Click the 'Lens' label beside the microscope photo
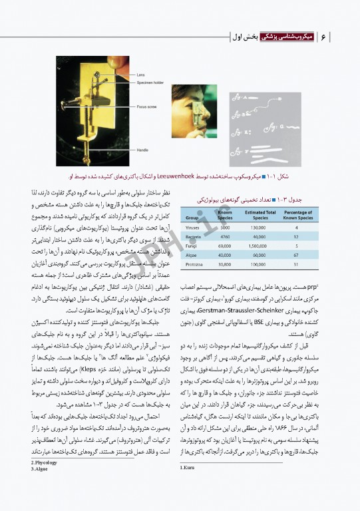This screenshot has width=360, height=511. click(x=141, y=75)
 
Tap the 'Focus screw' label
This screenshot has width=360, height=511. click(x=146, y=106)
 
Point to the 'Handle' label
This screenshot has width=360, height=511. click(x=142, y=150)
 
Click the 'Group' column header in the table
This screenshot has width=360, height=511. click(x=192, y=217)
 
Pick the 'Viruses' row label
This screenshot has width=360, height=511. click(x=194, y=228)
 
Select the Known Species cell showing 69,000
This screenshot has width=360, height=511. click(x=225, y=245)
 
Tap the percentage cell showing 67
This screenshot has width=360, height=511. click(x=296, y=254)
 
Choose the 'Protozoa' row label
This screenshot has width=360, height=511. click(x=195, y=263)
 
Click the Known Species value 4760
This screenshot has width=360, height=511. click(x=225, y=236)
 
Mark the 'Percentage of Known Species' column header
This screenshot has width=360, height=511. click(x=296, y=214)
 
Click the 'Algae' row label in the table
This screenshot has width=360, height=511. click(x=192, y=254)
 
